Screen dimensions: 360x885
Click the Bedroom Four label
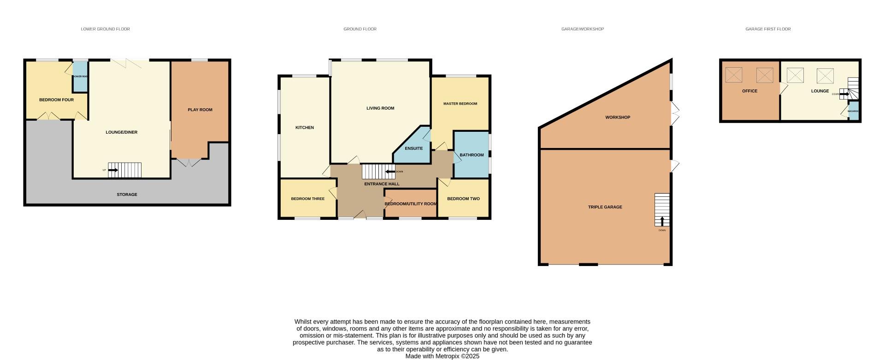pos(56,100)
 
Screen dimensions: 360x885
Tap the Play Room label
pos(200,110)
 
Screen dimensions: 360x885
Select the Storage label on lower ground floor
pos(127,195)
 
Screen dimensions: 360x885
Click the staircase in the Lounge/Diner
pos(125,170)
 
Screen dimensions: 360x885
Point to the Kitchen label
pos(305,128)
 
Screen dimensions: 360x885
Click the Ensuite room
pos(413,148)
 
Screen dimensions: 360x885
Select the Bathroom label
pos(472,155)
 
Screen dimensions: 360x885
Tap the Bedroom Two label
pos(463,199)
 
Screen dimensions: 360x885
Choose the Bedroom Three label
pos(307,199)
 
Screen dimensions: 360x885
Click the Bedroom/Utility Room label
pos(411,204)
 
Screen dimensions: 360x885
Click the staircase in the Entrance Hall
pos(378,171)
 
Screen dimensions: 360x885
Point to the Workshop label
pos(618,118)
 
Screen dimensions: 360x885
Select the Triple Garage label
pos(605,207)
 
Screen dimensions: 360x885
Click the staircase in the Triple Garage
pos(662,210)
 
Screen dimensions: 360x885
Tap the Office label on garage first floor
pos(749,91)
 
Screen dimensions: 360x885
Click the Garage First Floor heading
pos(768,29)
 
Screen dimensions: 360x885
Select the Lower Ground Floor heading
pos(105,29)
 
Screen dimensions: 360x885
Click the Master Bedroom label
pos(460,104)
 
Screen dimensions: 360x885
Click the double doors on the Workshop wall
pos(675,113)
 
